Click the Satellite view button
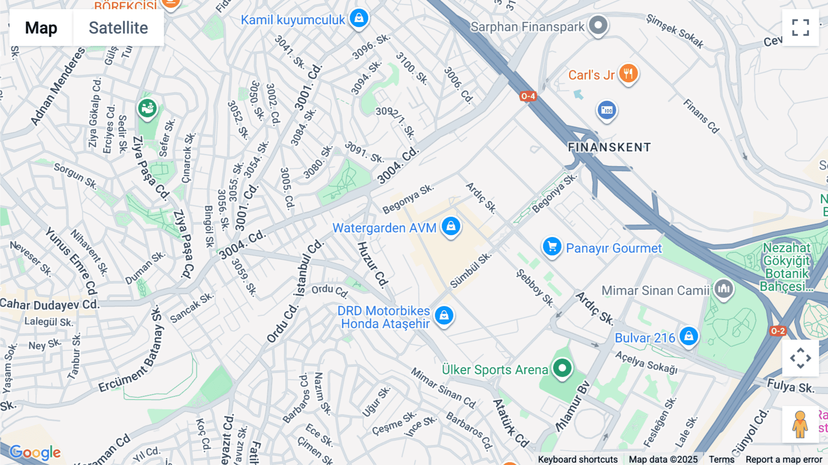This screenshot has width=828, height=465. pos(118,28)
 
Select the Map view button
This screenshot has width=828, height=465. pos(41,28)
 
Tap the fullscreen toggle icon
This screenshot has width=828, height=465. pos(800,28)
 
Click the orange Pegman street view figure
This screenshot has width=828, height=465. pos(800,424)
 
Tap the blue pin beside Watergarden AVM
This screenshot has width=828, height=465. pos(451,226)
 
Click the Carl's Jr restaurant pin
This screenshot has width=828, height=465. pos(628,73)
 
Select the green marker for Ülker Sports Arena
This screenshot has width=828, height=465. pos(562,368)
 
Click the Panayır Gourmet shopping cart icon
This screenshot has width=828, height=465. pos(552,246)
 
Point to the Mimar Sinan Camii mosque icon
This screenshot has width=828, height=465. pos(724,289)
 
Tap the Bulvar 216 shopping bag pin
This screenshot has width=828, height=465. pos(689,336)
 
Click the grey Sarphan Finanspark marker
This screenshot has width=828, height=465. pos(598,25)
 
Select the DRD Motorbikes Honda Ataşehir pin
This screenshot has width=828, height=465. pos(444,315)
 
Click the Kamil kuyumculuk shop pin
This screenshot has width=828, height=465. pos(359,18)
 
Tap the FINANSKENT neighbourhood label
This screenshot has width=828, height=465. pos(609,147)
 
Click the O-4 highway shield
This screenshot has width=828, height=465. pos(528,96)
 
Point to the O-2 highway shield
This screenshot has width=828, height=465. pos(778,331)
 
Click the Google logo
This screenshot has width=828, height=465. pos(35,452)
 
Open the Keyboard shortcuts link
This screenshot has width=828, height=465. pos(578,459)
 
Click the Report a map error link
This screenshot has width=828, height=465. pos(784,459)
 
